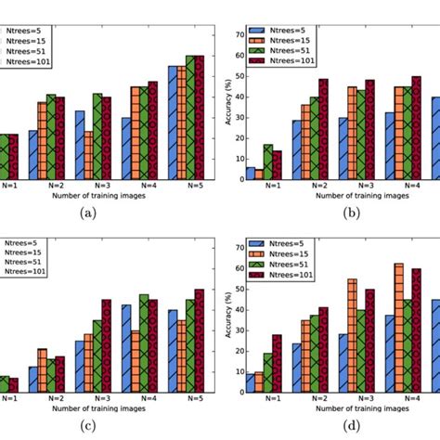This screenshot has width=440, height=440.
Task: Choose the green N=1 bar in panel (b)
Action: (268, 162)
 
